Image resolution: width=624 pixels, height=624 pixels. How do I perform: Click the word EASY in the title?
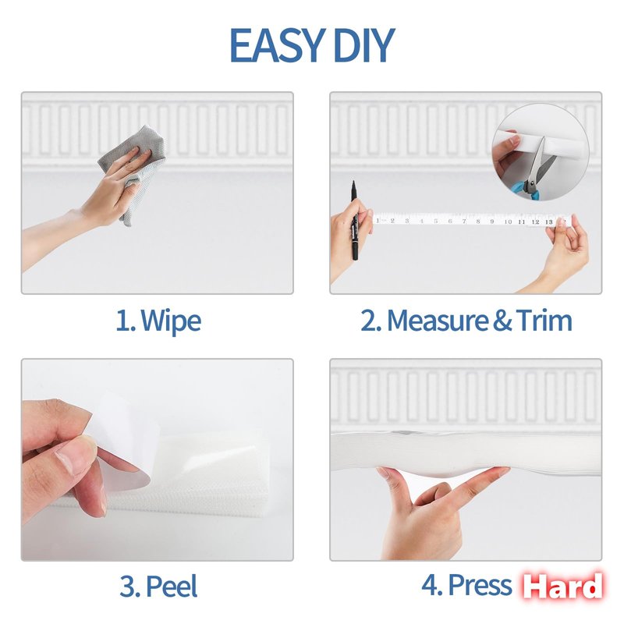point(275,45)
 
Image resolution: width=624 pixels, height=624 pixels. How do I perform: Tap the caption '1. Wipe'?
point(158,321)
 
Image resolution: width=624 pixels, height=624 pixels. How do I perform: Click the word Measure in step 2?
point(438,321)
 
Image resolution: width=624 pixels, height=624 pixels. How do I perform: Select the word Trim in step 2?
point(544,321)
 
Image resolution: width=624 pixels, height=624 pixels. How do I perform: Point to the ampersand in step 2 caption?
point(502,321)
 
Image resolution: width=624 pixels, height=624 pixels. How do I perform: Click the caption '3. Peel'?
point(158,586)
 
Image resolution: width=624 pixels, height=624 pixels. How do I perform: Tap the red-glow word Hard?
point(562,587)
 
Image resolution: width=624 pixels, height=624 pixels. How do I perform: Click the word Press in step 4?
point(480,586)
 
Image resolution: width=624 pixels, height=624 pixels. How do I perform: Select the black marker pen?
point(354,220)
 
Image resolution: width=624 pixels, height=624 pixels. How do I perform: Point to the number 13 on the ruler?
point(549,222)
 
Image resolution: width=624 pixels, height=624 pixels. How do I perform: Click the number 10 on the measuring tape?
point(508,222)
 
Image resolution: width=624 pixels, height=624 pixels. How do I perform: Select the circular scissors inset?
point(541,152)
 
